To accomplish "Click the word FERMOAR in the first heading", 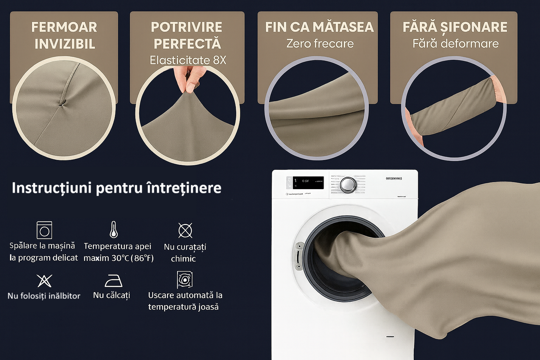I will [64, 27].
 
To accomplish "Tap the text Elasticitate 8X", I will [188, 60].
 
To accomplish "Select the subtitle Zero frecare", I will [320, 44].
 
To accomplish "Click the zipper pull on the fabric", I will [62, 102].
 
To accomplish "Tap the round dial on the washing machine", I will [348, 184].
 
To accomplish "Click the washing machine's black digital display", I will [308, 183].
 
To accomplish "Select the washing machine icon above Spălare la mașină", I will [44, 230].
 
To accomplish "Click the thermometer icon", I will [114, 230].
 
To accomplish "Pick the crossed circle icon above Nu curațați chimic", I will [185, 230].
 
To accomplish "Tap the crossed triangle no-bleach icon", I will [44, 280].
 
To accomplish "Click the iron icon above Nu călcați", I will [114, 280].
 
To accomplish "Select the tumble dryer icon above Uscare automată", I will [185, 280].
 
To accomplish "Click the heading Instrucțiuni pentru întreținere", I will [116, 188].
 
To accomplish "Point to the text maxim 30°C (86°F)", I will [118, 258].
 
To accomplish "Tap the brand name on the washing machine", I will [394, 179].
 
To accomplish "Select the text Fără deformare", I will [455, 44].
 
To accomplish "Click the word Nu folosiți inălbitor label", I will [44, 296].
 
